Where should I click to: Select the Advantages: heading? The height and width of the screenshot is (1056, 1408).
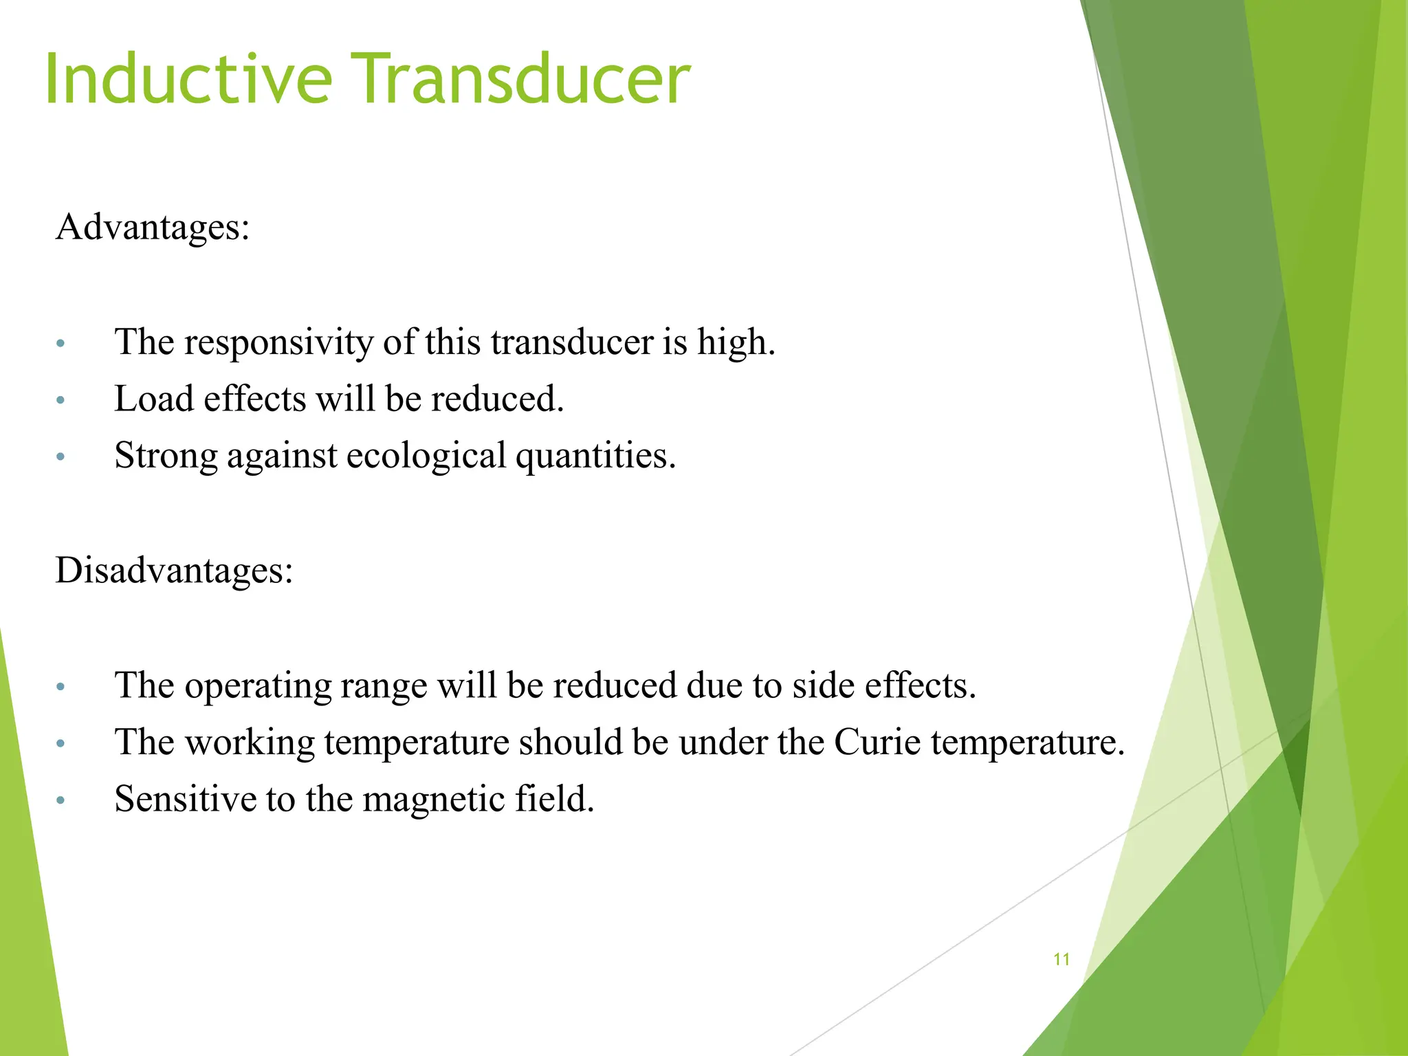[153, 227]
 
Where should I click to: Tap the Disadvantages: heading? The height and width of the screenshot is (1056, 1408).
[175, 571]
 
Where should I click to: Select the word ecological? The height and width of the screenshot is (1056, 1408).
[426, 456]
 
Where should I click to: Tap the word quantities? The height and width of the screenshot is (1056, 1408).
[595, 456]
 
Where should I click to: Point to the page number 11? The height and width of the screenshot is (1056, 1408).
[1061, 959]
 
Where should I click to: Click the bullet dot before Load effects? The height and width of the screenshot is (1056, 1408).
[60, 400]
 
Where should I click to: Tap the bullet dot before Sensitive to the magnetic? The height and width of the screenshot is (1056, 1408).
[60, 800]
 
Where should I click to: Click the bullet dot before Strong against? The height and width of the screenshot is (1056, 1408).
[60, 456]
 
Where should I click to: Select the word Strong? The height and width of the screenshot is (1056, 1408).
[166, 456]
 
